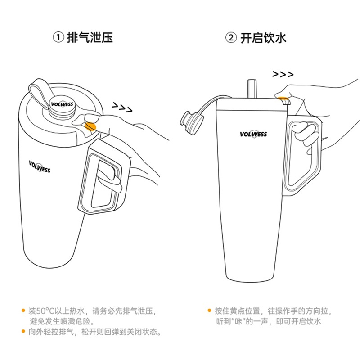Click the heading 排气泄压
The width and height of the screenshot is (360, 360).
(x=90, y=38)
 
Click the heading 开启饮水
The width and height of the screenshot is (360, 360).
(x=263, y=38)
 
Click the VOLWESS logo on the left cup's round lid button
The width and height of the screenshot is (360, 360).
(x=62, y=104)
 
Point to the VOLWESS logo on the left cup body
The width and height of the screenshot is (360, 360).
(x=40, y=166)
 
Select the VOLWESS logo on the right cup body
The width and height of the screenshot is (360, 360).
(x=253, y=134)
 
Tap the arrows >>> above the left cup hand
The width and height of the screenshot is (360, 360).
(x=122, y=107)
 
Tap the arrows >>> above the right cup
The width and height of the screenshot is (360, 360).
(x=283, y=74)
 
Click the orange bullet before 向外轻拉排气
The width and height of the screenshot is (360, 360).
(x=23, y=332)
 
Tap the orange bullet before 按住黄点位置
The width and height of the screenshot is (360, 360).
(x=209, y=310)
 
